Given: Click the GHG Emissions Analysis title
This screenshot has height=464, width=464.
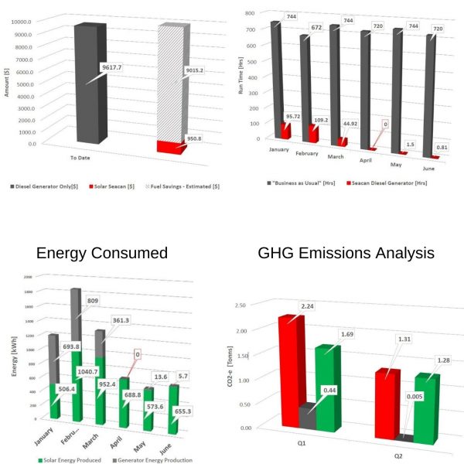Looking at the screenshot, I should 347,253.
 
